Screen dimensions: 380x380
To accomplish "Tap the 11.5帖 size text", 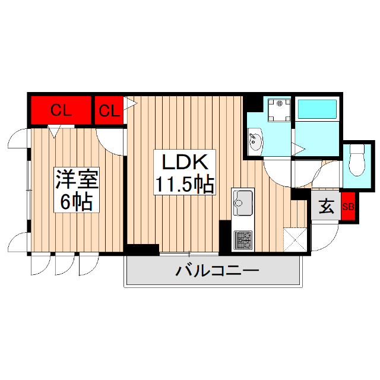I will (183, 185).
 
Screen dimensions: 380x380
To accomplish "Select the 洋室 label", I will (77, 179).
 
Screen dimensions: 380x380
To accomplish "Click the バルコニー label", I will (217, 272).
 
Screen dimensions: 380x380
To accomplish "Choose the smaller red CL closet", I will (108, 110).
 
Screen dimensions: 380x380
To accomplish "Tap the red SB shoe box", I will (348, 207).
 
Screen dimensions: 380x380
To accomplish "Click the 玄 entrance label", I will (326, 207).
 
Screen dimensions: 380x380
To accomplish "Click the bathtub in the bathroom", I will (316, 109).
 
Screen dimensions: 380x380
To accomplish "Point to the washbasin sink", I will (256, 142).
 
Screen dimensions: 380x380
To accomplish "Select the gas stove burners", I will (243, 240).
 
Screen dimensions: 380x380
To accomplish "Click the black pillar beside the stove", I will (225, 235).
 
